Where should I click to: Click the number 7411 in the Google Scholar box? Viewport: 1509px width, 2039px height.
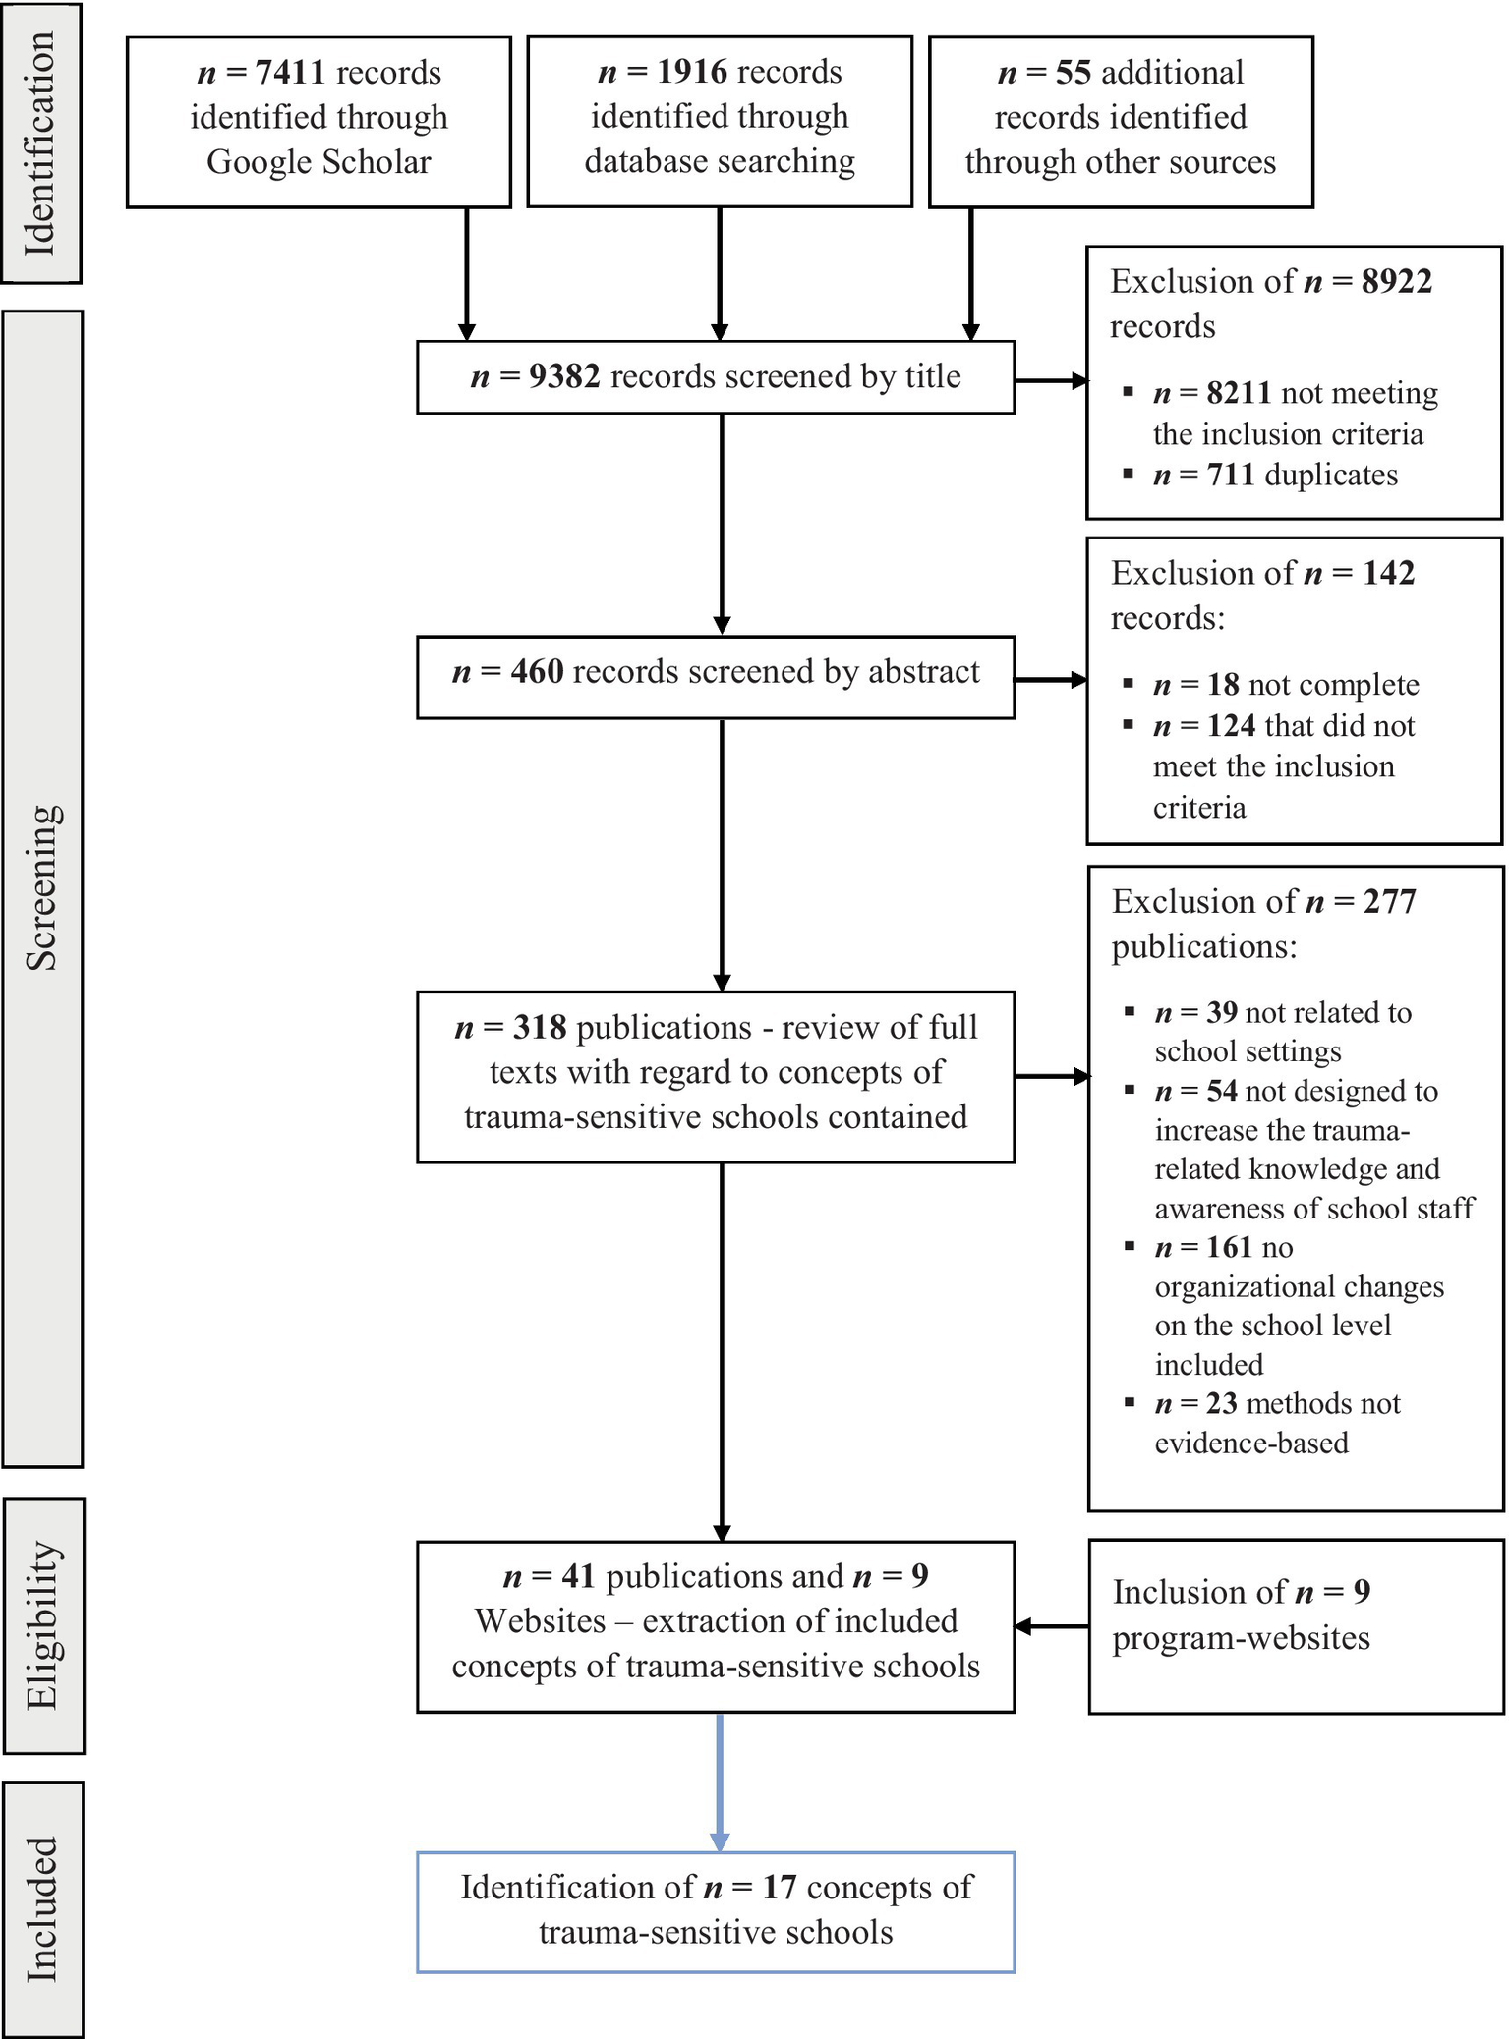290,73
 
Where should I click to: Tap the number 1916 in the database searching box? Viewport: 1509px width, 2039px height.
692,72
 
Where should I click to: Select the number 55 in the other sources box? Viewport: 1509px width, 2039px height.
1074,73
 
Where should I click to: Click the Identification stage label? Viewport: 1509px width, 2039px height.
40,143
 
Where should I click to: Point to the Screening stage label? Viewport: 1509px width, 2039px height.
42,887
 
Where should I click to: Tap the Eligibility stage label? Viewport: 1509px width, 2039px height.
43,1625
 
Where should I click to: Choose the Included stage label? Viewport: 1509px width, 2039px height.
42,1909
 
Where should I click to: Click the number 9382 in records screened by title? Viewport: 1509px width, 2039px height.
564,376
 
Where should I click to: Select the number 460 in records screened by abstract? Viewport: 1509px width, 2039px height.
538,672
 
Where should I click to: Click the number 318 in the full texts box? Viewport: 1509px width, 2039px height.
540,1028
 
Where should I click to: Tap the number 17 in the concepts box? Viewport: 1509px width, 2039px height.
780,1888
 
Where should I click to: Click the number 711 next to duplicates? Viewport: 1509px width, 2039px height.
1231,476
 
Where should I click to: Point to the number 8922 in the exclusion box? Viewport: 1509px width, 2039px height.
1397,282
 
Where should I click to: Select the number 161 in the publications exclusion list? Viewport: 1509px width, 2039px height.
1229,1248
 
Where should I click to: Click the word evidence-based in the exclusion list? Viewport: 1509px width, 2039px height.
1251,1444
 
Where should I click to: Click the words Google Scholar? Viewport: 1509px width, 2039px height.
319,162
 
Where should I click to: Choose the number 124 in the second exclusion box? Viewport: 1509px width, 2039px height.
1232,726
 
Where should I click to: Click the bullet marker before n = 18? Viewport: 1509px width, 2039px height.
1129,683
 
